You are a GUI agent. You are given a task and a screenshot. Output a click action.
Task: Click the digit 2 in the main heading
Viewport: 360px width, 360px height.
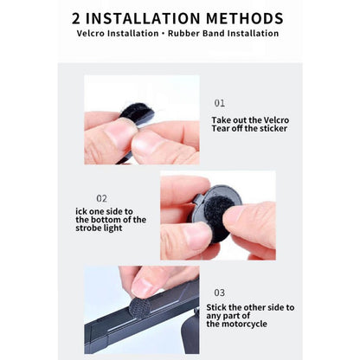coord(76,18)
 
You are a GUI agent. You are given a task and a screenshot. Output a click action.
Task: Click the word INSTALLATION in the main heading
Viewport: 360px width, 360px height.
coord(143,18)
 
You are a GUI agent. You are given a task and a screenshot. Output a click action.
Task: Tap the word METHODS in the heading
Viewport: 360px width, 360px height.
coord(245,18)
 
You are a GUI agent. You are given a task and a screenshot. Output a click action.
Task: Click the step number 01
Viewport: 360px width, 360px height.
coord(220,103)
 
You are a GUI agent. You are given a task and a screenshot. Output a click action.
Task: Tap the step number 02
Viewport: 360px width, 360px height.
coord(101,198)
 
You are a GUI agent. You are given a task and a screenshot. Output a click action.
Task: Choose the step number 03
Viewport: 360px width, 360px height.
coord(220,292)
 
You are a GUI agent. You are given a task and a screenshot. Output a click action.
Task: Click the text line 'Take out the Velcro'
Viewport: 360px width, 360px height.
coord(250,120)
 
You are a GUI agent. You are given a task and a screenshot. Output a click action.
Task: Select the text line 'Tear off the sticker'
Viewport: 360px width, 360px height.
coord(249,128)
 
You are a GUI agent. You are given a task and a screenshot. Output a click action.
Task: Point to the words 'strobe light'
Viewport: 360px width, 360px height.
coord(99,228)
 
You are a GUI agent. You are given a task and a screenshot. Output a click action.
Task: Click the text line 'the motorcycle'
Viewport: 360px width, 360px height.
coord(236,324)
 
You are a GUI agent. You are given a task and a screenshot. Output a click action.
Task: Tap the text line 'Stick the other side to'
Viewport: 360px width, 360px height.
coord(250,307)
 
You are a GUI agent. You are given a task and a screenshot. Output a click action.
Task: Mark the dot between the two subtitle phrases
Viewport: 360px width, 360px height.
coord(164,34)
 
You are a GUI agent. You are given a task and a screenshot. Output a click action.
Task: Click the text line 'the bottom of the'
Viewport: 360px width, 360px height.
coord(111,220)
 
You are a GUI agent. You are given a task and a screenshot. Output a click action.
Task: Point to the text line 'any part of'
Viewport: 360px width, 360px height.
coord(228,316)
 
